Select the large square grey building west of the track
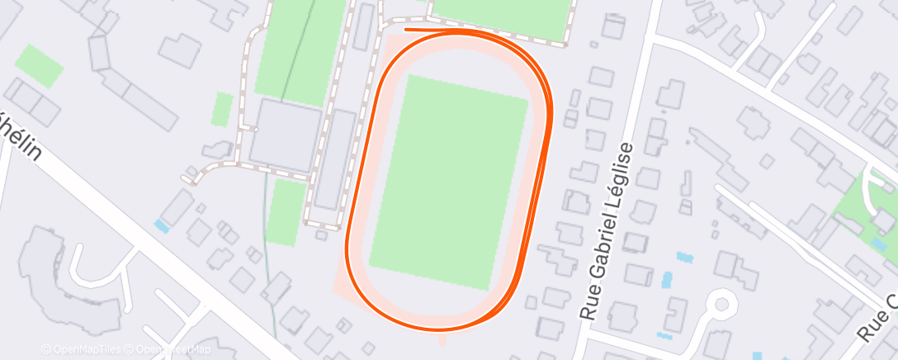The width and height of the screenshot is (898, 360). tap(286, 136)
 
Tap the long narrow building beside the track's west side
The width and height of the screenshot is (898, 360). tap(335, 160)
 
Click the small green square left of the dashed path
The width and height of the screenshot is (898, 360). tap(222, 109)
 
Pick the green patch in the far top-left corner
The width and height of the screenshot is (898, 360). tap(40, 65)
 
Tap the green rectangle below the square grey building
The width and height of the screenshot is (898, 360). tap(286, 212)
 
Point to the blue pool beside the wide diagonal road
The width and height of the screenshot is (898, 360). tap(161, 225)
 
